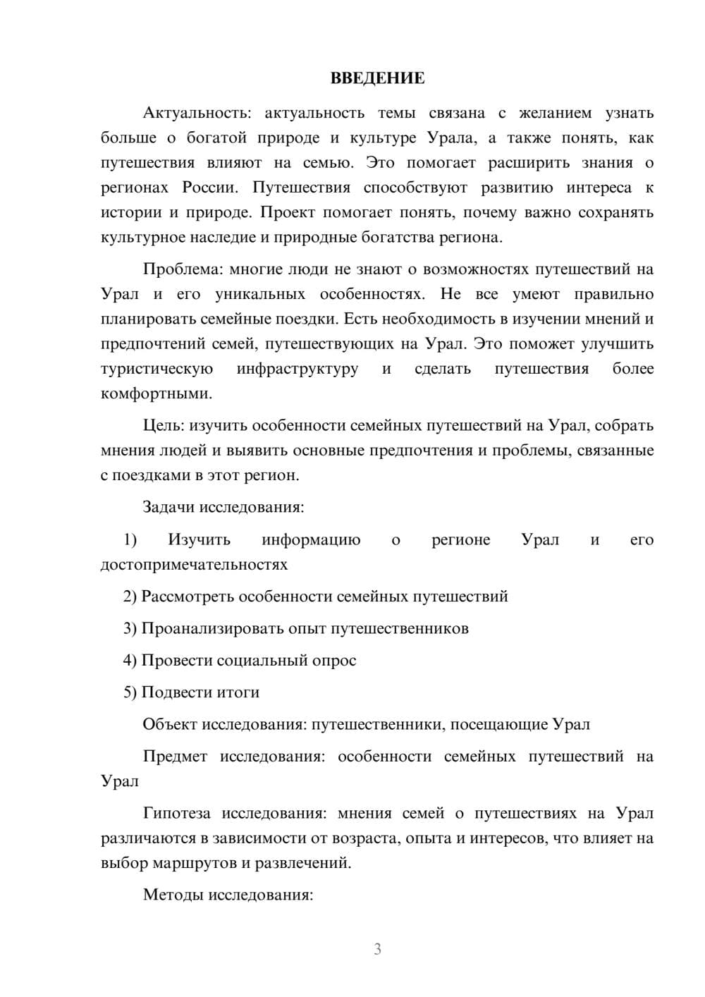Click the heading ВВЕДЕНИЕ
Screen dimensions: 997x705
point(377,78)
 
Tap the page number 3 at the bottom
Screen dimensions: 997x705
point(377,949)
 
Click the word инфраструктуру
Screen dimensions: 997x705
point(298,369)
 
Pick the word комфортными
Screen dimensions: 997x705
point(156,393)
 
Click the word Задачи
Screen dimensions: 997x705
point(169,507)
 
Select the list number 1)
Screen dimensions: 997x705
point(130,540)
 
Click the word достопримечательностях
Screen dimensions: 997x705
point(194,565)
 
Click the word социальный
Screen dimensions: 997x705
point(261,661)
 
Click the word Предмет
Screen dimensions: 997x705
point(175,757)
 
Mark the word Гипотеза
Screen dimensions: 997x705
point(176,813)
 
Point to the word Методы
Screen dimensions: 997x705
point(169,895)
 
